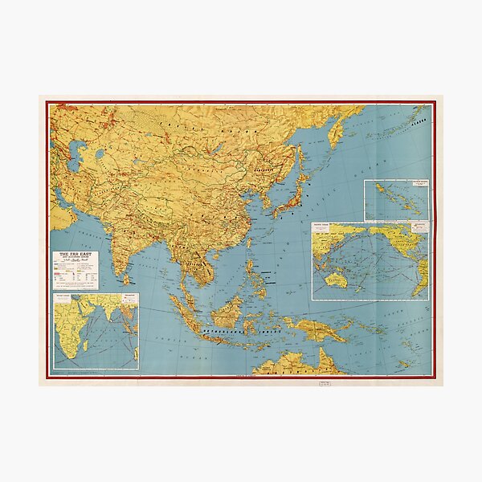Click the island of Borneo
(x=232, y=309)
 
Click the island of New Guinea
(x=321, y=331)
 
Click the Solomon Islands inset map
(x=395, y=200)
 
